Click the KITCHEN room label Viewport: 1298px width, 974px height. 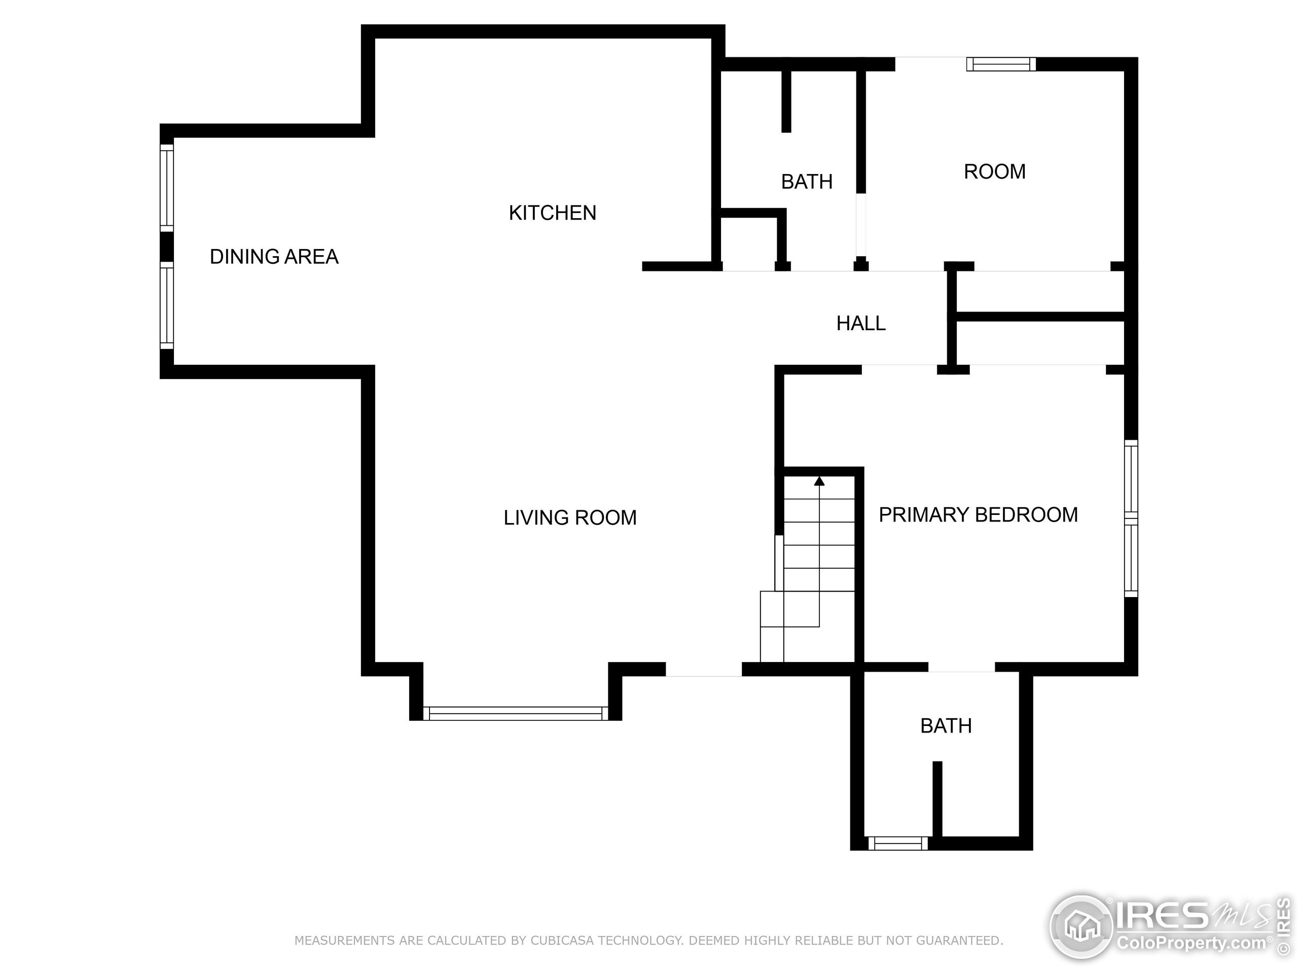tap(552, 213)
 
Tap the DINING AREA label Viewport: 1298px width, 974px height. tap(274, 257)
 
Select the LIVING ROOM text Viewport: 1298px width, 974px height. tap(570, 517)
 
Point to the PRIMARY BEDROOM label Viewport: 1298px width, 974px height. tap(978, 514)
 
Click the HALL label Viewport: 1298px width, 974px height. tap(860, 323)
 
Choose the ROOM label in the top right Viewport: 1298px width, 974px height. tap(995, 171)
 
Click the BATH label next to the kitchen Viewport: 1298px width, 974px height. tap(806, 182)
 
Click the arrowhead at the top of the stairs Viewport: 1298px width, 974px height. tap(819, 481)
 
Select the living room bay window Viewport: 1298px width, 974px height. tap(515, 713)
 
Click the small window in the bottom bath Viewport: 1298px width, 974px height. tap(898, 843)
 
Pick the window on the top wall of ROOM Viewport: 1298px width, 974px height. tap(1000, 64)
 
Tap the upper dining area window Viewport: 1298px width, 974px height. tap(167, 187)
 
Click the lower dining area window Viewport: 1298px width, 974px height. tap(167, 305)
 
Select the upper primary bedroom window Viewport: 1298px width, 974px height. tap(1131, 478)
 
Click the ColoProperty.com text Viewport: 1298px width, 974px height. tap(1191, 944)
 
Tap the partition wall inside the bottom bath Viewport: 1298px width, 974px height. tap(937, 798)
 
